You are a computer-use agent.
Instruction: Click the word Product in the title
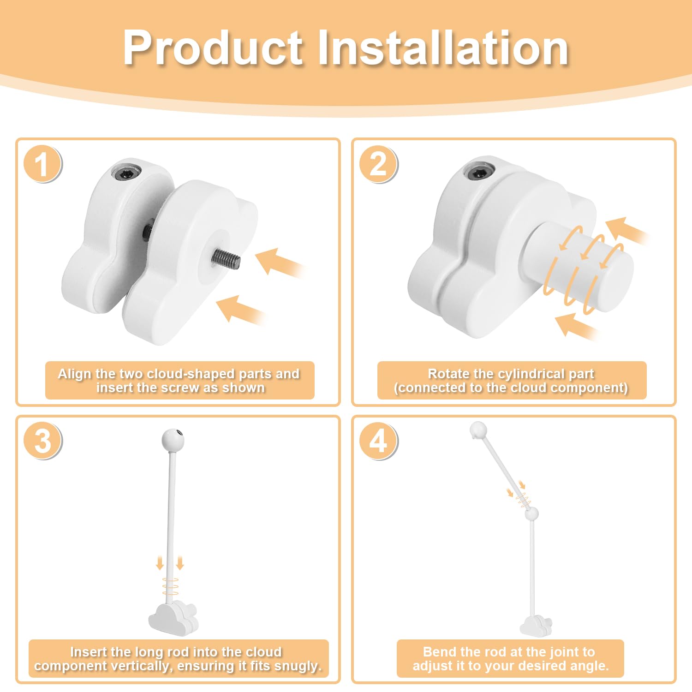click(x=213, y=48)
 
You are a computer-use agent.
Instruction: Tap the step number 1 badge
click(x=42, y=164)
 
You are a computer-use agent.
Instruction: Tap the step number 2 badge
click(x=378, y=164)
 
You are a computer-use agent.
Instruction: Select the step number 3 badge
click(x=42, y=441)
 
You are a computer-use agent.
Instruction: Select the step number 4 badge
click(x=378, y=441)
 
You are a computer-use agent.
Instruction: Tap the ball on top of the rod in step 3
click(x=173, y=440)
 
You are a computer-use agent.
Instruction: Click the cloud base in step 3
click(x=173, y=618)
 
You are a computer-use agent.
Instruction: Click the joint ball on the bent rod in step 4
click(x=532, y=513)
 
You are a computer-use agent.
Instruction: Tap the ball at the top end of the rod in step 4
click(x=478, y=430)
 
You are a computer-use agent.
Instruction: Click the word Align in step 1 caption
click(x=74, y=374)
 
